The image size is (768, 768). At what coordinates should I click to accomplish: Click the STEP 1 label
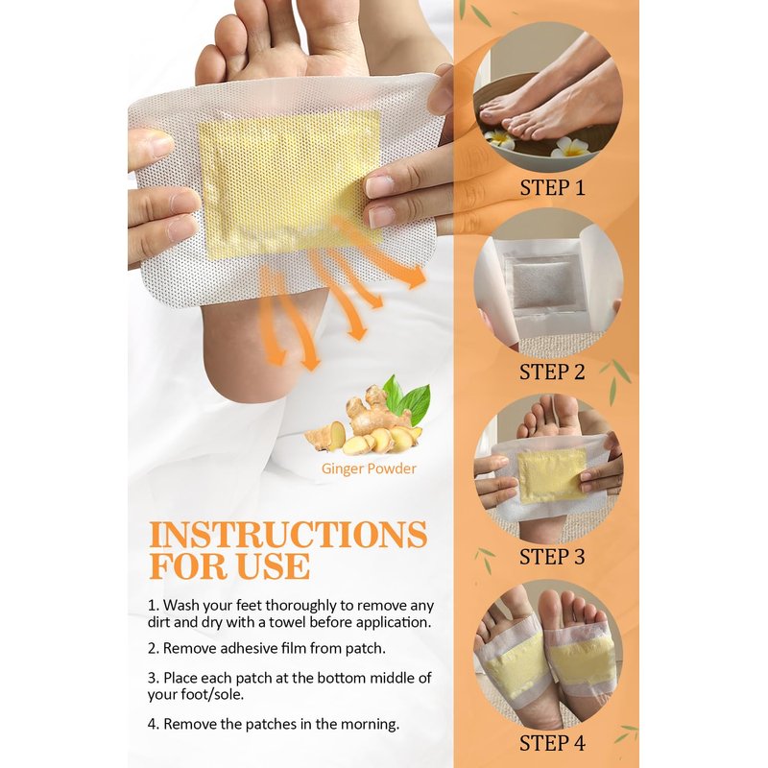point(552,188)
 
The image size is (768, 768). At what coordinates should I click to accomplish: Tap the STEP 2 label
point(552,372)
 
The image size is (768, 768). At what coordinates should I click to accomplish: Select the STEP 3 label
point(552,557)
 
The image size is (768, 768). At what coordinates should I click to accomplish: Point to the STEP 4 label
point(552,743)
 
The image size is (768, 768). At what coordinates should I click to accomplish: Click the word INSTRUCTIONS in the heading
point(288,535)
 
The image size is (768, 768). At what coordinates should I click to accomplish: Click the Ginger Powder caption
point(369,468)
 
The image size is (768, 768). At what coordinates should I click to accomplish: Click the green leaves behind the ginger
point(408,398)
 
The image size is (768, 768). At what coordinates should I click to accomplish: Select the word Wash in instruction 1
point(180,606)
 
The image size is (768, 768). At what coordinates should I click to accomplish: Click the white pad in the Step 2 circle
point(547,284)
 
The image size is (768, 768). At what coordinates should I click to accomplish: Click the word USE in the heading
point(273,566)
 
